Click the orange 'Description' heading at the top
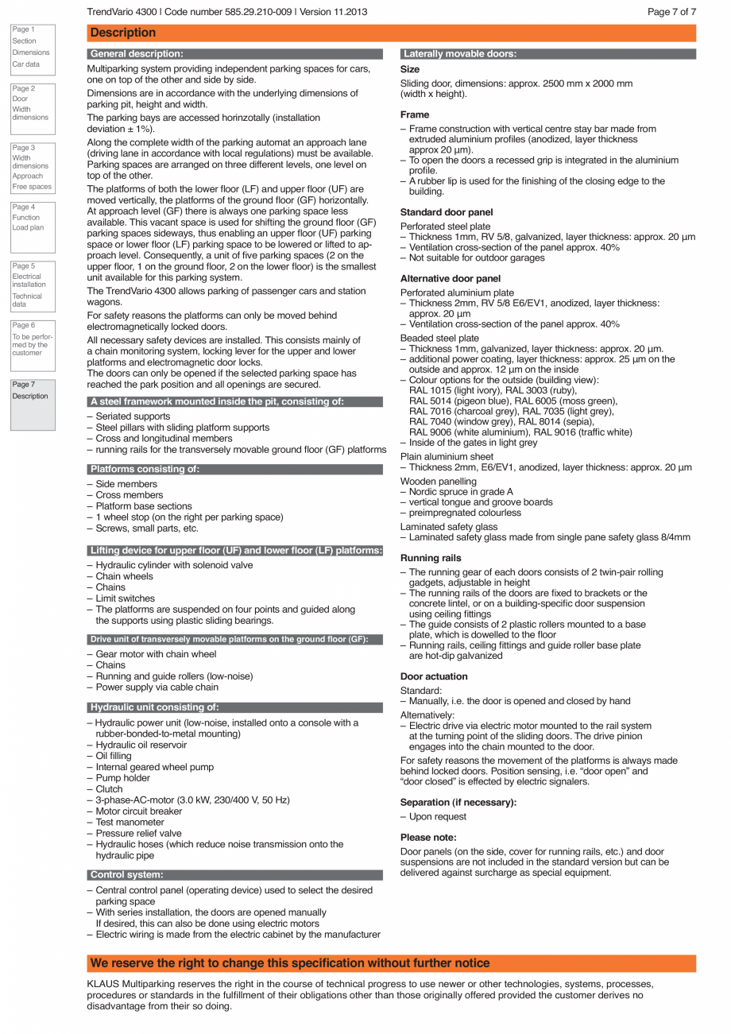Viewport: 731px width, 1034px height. tap(123, 33)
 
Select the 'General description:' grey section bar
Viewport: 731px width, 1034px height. tap(137, 54)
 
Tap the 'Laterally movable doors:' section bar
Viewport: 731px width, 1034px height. tap(460, 54)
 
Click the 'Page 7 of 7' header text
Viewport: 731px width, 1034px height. tap(671, 12)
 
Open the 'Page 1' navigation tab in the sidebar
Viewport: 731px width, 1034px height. tap(31, 47)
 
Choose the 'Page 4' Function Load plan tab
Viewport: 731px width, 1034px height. tap(31, 225)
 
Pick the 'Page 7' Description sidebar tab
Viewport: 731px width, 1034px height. tap(31, 404)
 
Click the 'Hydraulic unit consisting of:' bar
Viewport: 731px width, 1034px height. tap(154, 707)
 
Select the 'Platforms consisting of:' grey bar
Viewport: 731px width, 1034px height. tap(145, 470)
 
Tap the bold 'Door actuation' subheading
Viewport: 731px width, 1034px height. tap(434, 676)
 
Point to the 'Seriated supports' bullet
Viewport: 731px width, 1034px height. tap(133, 416)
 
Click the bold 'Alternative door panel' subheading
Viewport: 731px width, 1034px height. tap(451, 278)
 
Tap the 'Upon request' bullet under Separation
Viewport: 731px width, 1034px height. tap(438, 817)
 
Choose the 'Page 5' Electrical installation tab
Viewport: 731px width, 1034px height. tap(31, 285)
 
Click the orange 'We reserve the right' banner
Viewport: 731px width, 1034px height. tap(290, 963)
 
